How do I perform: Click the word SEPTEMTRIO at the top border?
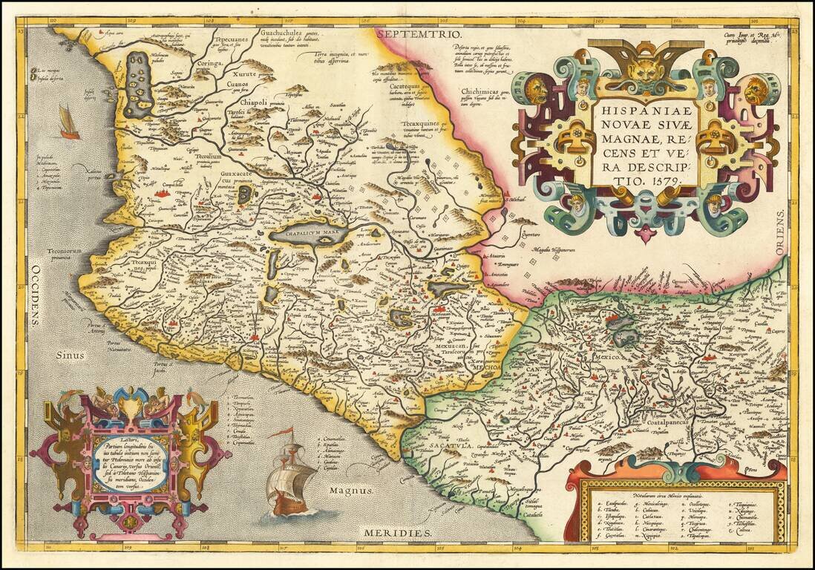[x=419, y=34]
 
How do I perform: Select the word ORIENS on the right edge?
[x=780, y=232]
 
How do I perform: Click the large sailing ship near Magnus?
[x=292, y=475]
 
